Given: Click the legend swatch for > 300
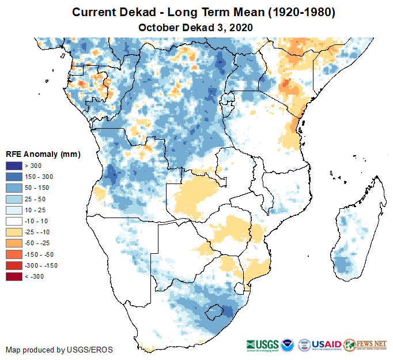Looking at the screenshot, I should point(14,166).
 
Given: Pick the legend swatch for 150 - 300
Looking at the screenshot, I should point(14,177).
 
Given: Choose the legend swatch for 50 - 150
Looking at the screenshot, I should point(14,188).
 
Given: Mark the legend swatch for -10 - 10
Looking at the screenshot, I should point(14,221).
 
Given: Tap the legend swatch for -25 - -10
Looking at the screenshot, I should point(14,232).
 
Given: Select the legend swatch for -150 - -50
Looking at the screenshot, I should point(14,254).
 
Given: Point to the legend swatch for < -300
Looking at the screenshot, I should point(14,276).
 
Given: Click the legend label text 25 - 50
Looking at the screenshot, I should point(36,199).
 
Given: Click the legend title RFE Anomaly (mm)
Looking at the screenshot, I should point(43,155).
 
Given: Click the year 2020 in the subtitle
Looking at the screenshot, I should point(241,27).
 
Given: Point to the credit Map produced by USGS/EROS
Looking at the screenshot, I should point(59,350).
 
